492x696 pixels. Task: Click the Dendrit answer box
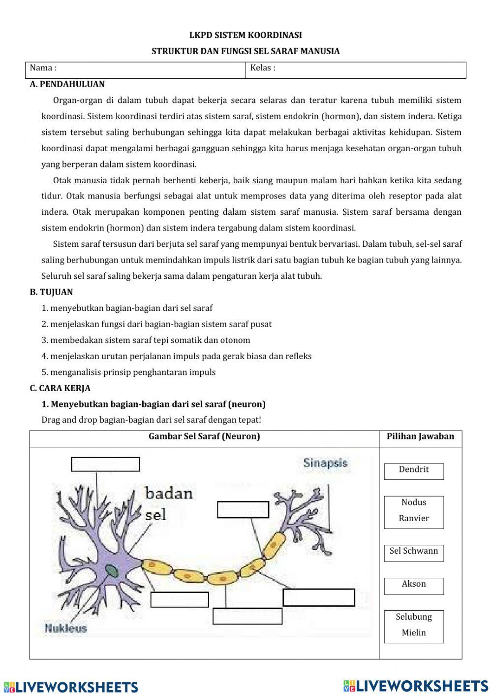(x=414, y=471)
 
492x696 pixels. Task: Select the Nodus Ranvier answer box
(x=414, y=512)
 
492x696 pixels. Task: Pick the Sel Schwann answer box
(x=414, y=553)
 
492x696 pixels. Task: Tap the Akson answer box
(x=414, y=586)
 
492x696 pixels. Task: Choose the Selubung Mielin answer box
(x=414, y=627)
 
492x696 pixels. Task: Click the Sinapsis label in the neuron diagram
(x=325, y=463)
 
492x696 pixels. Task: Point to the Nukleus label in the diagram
(x=65, y=628)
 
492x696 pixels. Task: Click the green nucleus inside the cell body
(x=112, y=571)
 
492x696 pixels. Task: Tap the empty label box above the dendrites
(x=105, y=464)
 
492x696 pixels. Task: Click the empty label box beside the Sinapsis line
(x=243, y=510)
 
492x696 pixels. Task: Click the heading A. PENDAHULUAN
(x=67, y=84)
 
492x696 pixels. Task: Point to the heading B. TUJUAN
(x=51, y=292)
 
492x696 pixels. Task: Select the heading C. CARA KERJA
(x=60, y=388)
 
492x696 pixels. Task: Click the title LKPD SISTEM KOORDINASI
(x=246, y=35)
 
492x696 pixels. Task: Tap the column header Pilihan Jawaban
(x=420, y=436)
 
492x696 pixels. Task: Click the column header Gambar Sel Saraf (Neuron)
(x=204, y=436)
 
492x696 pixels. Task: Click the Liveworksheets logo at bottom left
(x=71, y=687)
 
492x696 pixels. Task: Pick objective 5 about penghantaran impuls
(x=128, y=372)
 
